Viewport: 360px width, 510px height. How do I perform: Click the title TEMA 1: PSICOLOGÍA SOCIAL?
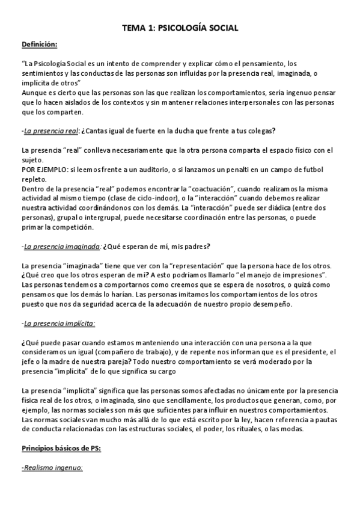tap(180, 28)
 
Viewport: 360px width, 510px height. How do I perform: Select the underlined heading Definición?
tap(40, 45)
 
